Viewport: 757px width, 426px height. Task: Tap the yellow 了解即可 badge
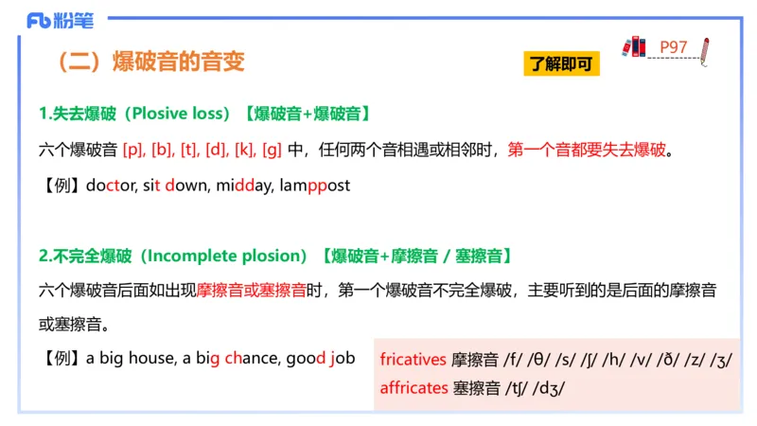[562, 64]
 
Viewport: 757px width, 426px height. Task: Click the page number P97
[673, 47]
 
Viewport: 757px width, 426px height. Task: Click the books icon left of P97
[634, 45]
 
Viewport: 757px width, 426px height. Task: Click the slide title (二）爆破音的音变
[151, 62]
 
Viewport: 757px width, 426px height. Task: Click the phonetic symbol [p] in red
[132, 150]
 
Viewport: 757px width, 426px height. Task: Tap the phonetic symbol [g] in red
[272, 150]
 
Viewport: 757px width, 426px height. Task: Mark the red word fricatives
[413, 360]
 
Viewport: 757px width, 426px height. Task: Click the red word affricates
[414, 387]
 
